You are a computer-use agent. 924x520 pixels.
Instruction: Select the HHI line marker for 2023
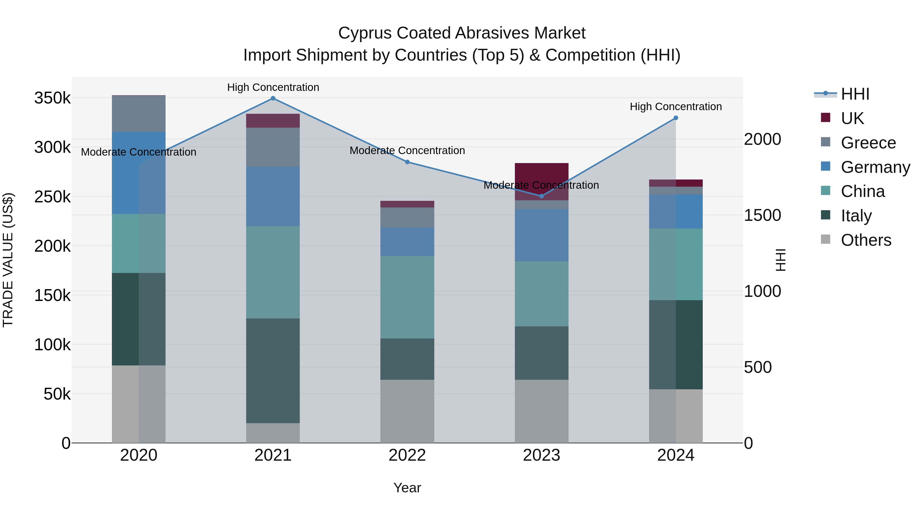542,196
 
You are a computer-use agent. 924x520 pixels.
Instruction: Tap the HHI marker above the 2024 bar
676,118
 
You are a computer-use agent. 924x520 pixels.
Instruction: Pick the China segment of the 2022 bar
407,297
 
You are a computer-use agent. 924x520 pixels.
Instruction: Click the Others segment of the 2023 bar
542,411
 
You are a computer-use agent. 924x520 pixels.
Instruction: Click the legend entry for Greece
868,143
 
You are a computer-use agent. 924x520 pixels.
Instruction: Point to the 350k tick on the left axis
52,98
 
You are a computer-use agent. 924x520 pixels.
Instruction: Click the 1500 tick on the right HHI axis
762,215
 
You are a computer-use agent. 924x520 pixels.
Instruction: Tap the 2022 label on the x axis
407,455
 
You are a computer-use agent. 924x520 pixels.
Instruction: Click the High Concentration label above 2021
273,87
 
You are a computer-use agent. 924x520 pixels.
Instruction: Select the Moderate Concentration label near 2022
407,150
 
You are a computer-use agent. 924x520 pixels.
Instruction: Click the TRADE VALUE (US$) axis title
8,260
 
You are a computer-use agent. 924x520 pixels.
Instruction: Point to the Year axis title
407,488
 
